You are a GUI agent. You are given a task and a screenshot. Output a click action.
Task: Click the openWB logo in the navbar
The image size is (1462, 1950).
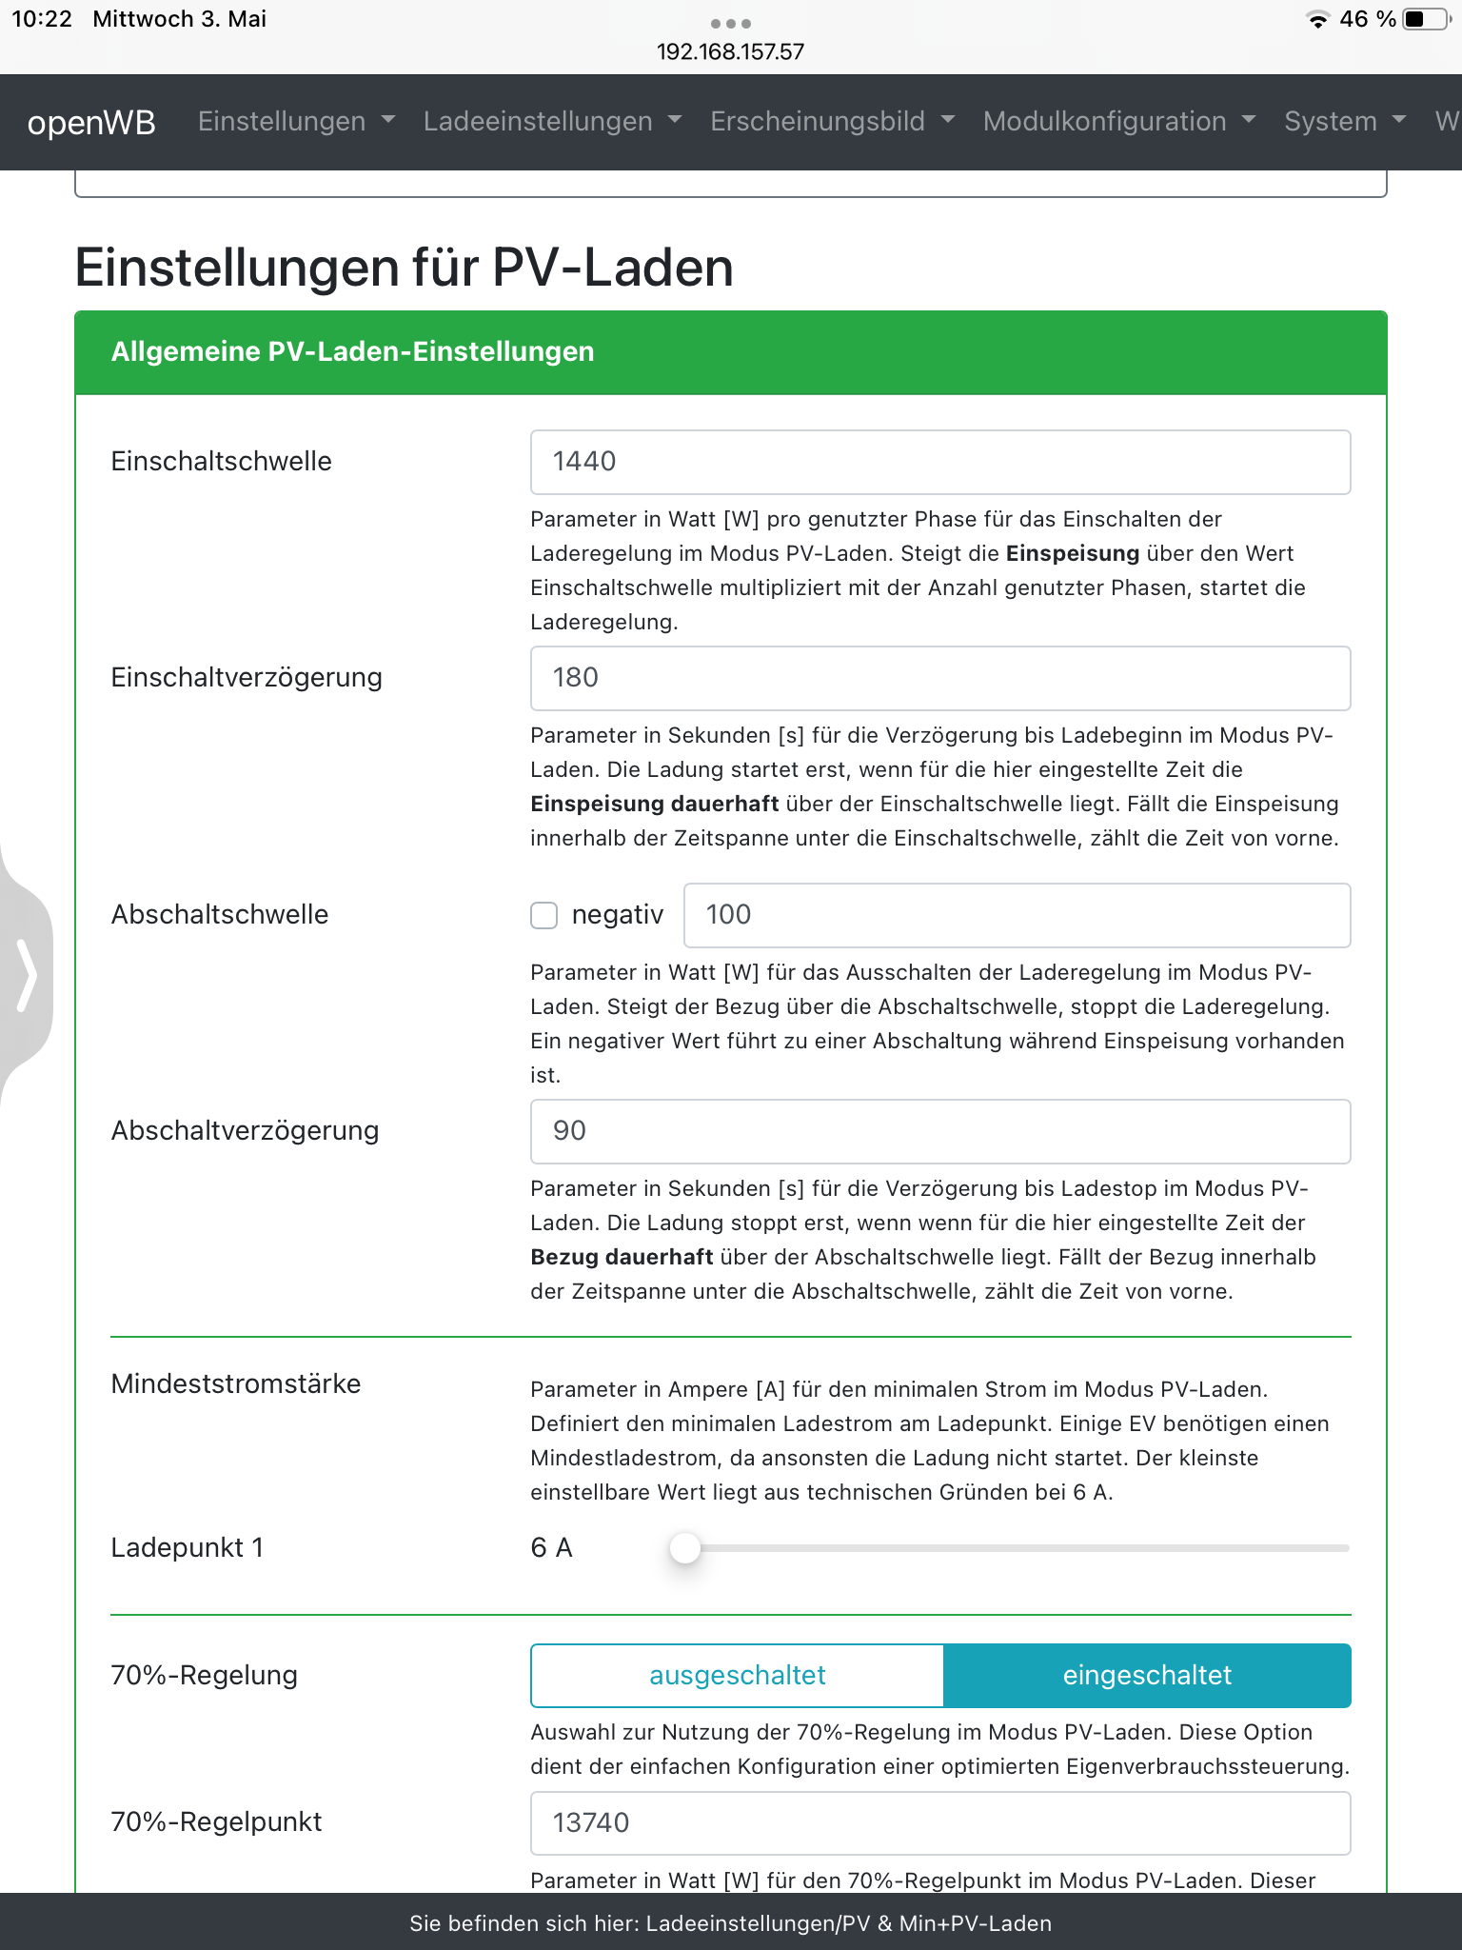pos(91,122)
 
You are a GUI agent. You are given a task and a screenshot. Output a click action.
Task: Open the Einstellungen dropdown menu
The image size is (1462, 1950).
pos(295,122)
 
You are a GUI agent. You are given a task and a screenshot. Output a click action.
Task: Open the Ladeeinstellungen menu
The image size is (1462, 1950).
pos(552,122)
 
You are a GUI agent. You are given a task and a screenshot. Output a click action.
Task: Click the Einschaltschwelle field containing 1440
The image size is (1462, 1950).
pos(939,462)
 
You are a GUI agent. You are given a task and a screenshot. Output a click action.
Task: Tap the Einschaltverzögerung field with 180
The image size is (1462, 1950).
pos(939,678)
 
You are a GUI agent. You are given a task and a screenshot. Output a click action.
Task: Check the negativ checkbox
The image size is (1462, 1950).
pos(543,915)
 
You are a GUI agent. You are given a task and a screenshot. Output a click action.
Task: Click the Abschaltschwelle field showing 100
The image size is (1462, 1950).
pos(1016,915)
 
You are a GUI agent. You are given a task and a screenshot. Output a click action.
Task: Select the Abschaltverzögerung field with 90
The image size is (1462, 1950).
pos(939,1131)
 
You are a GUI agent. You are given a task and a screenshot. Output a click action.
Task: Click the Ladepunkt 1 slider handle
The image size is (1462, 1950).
pos(685,1548)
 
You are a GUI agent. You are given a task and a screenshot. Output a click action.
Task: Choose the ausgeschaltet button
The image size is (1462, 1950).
pos(737,1676)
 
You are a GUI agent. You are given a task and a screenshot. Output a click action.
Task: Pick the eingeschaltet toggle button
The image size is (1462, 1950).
pos(1147,1676)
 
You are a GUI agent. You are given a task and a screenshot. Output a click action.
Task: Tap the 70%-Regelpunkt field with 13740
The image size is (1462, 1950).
pos(939,1823)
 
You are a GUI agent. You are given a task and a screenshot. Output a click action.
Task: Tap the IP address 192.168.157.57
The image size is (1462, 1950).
pos(730,51)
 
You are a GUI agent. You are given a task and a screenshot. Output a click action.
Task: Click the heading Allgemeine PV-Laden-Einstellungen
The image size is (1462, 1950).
pos(352,352)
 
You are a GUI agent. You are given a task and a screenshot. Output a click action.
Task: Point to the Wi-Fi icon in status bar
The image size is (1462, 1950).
pos(1317,19)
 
